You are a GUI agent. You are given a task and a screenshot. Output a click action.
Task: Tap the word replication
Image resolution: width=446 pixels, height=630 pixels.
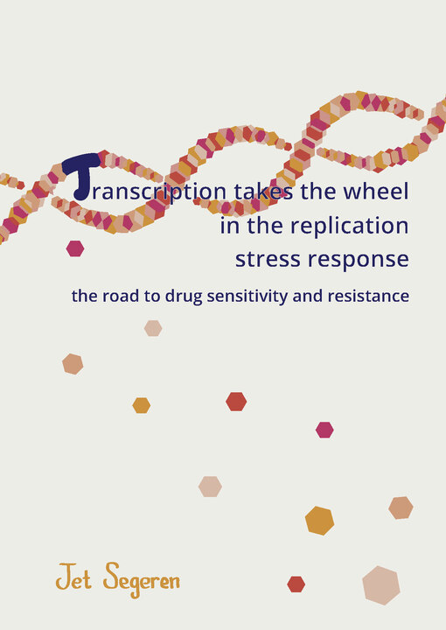point(349,227)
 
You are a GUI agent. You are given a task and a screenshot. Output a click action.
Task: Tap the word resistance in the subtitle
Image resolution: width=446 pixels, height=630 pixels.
point(368,296)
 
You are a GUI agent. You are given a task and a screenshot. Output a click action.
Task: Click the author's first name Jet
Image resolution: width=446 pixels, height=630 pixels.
point(73,577)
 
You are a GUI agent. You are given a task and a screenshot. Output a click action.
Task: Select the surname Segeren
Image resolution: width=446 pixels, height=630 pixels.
point(142,580)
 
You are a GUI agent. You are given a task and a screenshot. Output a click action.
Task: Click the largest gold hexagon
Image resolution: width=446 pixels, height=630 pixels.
point(319,521)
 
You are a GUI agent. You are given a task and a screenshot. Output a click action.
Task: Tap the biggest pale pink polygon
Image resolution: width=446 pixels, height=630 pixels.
point(381,585)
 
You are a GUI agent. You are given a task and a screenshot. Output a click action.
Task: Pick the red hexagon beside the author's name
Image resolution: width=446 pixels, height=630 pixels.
point(296,584)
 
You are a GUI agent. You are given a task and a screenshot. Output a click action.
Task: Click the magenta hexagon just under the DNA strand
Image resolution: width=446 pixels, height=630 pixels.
point(75,248)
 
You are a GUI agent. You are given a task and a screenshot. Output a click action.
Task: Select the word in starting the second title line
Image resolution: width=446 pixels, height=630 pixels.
point(230,226)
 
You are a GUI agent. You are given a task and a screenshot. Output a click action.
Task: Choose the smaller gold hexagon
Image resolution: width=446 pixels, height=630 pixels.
point(142,405)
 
